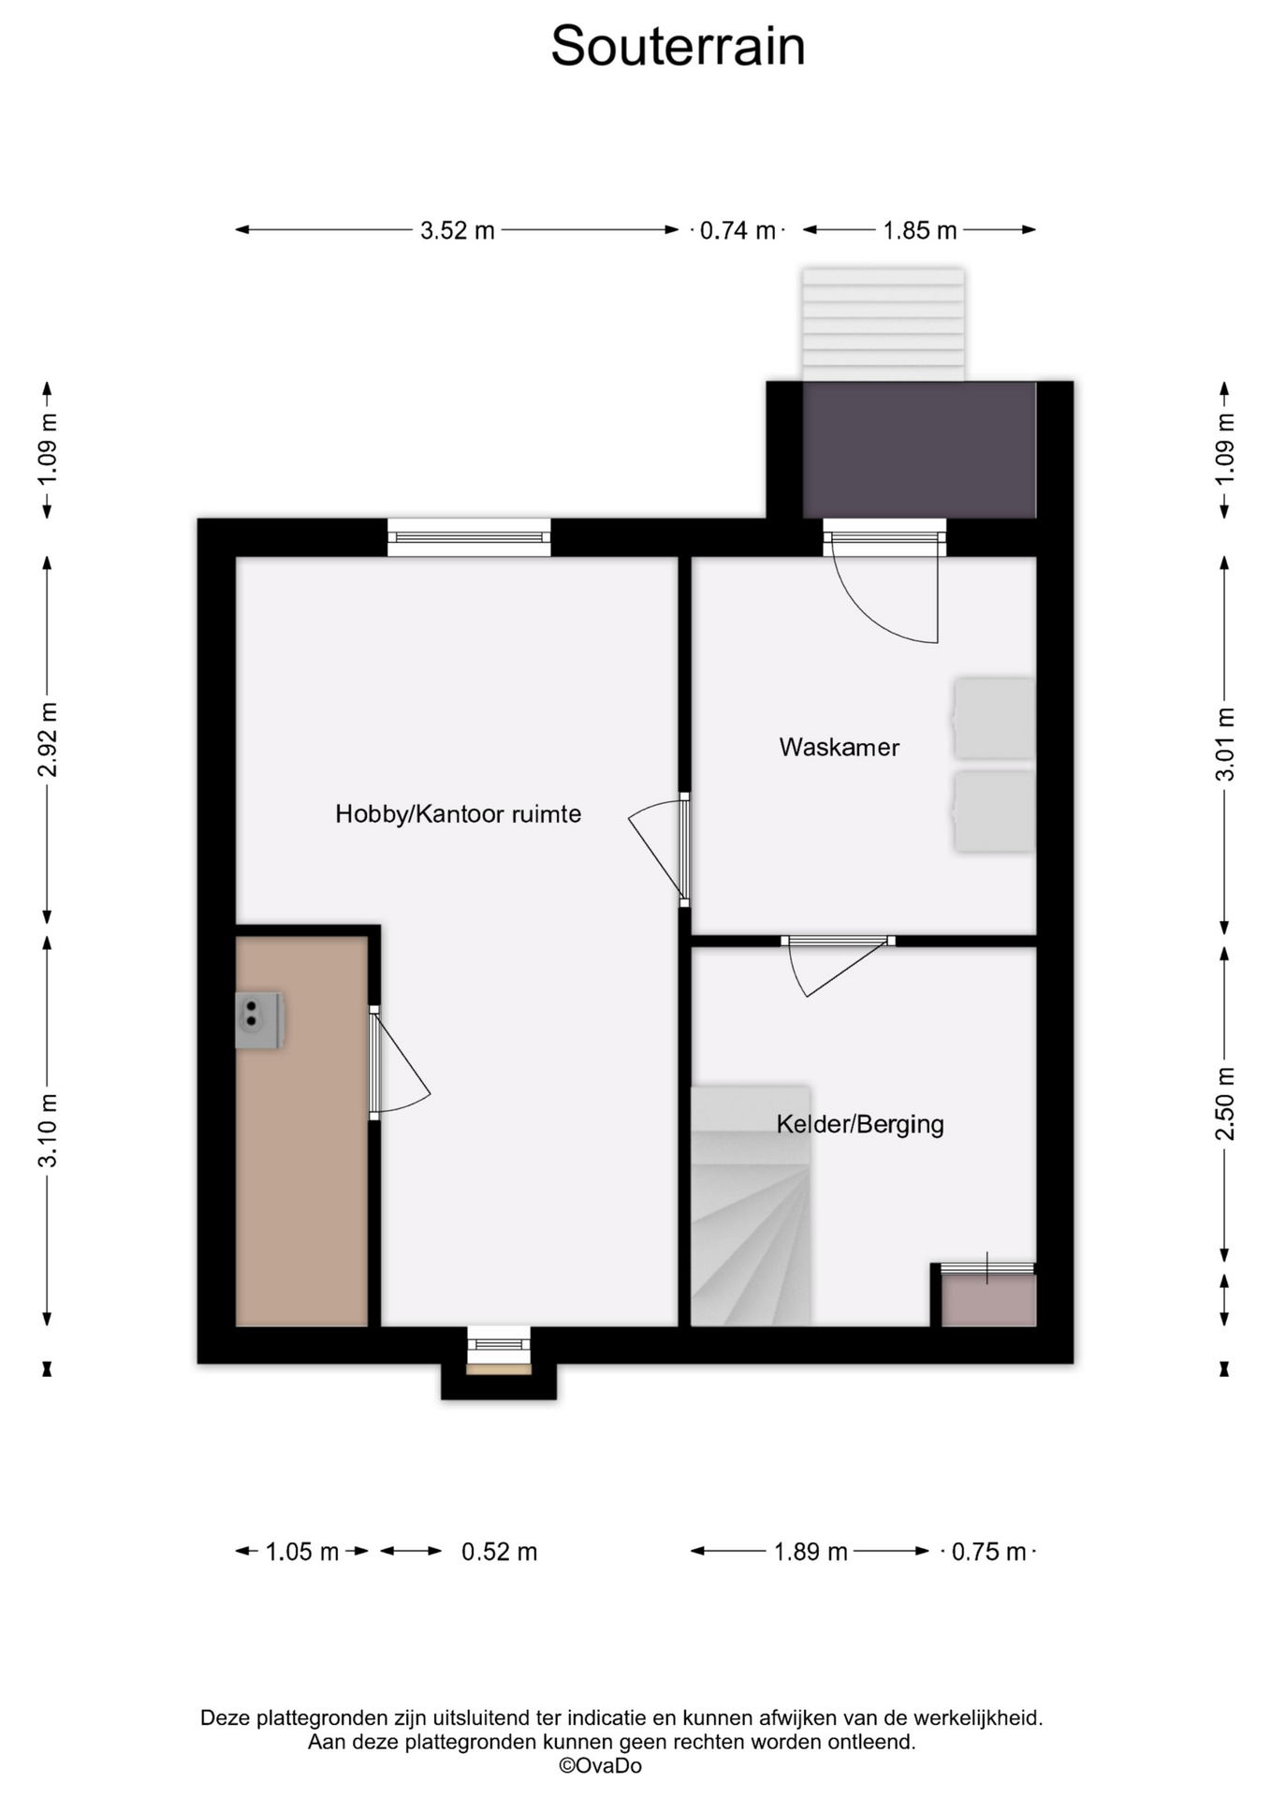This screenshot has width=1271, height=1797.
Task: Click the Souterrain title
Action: (x=678, y=45)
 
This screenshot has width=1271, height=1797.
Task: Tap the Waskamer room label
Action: (x=839, y=747)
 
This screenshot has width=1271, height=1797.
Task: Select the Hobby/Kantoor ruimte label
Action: (x=458, y=814)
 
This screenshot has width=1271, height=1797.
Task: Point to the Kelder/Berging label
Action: (x=859, y=1124)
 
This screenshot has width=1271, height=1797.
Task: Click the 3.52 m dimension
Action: (x=457, y=230)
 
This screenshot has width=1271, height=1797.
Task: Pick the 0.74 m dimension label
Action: (x=738, y=230)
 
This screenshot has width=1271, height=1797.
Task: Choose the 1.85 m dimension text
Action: (x=920, y=230)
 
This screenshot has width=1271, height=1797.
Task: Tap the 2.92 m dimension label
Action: (x=48, y=739)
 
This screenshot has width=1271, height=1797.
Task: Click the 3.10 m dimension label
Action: (x=48, y=1130)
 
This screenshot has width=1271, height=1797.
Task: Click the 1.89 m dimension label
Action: (x=811, y=1552)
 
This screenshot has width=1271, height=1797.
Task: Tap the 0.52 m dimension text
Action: (x=499, y=1552)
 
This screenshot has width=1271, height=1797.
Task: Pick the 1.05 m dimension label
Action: (x=301, y=1552)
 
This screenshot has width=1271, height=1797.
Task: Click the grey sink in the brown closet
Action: (x=259, y=1019)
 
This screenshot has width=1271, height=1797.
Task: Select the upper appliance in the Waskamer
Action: (x=994, y=718)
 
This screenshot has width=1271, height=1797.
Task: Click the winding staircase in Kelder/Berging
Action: (x=751, y=1205)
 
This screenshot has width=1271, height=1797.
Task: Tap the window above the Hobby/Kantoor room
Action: (x=469, y=537)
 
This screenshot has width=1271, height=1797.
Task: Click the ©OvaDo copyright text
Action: (x=600, y=1766)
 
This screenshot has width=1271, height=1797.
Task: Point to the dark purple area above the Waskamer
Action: (x=919, y=449)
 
